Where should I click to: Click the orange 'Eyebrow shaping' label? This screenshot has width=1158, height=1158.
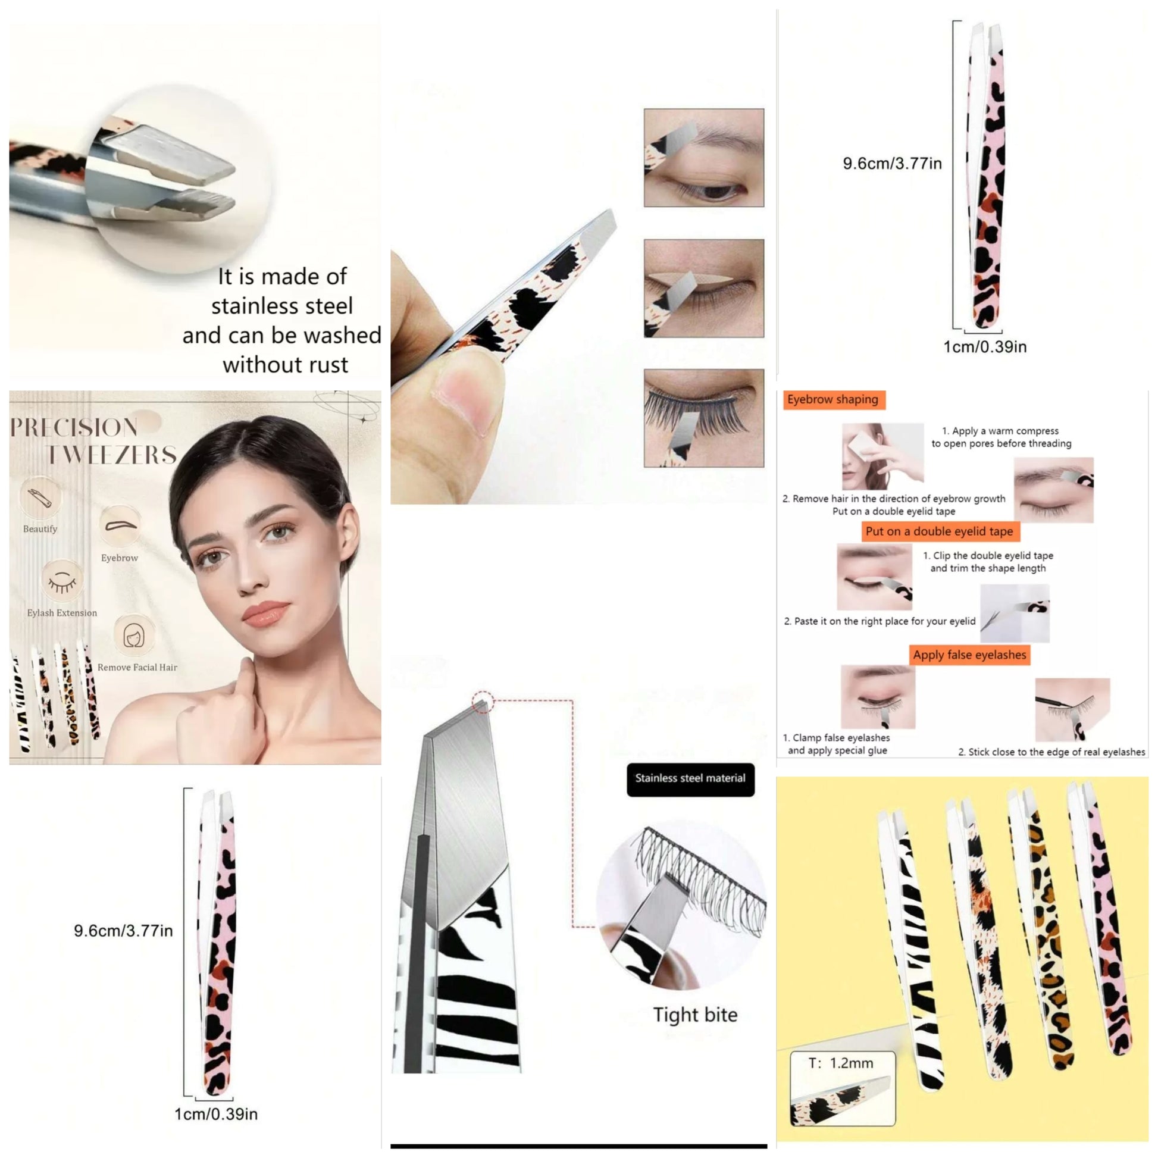click(833, 400)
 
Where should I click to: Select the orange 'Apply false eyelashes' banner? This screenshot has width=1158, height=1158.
click(969, 655)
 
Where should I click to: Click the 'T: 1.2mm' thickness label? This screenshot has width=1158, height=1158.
click(841, 1063)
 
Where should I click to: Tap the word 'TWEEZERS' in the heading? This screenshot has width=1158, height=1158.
click(112, 455)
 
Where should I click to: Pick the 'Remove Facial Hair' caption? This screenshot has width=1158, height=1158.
click(137, 667)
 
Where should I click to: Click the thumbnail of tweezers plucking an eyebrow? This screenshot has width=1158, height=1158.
click(704, 158)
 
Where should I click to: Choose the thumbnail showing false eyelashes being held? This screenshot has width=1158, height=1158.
click(704, 418)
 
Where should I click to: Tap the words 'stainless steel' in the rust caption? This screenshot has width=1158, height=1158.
click(281, 306)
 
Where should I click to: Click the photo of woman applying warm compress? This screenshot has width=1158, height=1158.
click(882, 457)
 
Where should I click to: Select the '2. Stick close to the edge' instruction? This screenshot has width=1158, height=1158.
click(1051, 752)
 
